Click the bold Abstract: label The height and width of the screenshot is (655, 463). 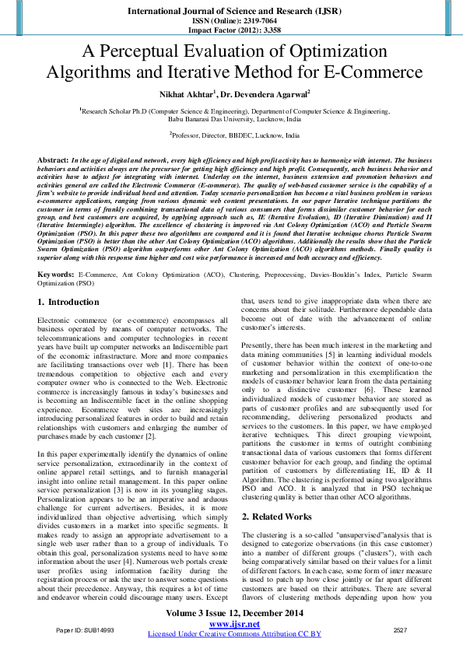pos(53,159)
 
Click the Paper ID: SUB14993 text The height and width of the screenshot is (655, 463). pos(85,629)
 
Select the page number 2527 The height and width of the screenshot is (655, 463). pos(400,629)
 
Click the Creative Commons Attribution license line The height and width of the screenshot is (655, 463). pos(234,635)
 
